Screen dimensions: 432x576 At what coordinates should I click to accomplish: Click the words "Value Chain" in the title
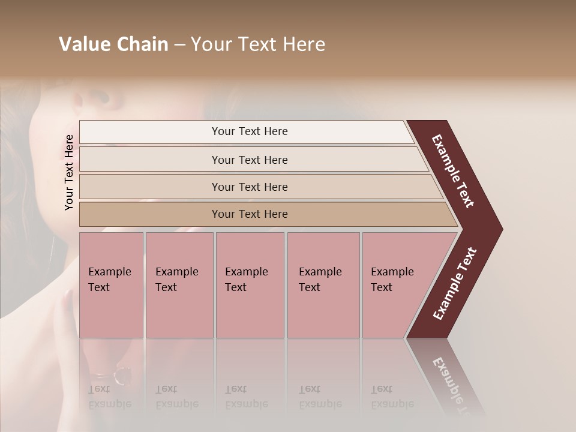113,44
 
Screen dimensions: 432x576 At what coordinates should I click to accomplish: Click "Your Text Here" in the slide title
258,44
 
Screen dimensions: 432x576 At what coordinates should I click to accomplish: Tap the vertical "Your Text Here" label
69,172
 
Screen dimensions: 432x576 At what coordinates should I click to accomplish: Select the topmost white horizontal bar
246,132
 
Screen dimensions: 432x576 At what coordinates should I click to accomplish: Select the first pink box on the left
111,285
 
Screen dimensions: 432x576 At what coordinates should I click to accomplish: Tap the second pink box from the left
179,285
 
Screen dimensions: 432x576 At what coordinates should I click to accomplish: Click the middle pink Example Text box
250,285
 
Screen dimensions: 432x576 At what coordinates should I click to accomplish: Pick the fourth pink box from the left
323,285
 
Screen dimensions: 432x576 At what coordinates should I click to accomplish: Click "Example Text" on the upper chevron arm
453,171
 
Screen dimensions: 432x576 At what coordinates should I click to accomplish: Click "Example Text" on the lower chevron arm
455,284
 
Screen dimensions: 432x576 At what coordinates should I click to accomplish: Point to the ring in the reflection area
122,376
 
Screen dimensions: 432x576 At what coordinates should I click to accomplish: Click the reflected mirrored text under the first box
110,397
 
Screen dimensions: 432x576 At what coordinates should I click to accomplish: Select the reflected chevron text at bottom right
453,384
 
